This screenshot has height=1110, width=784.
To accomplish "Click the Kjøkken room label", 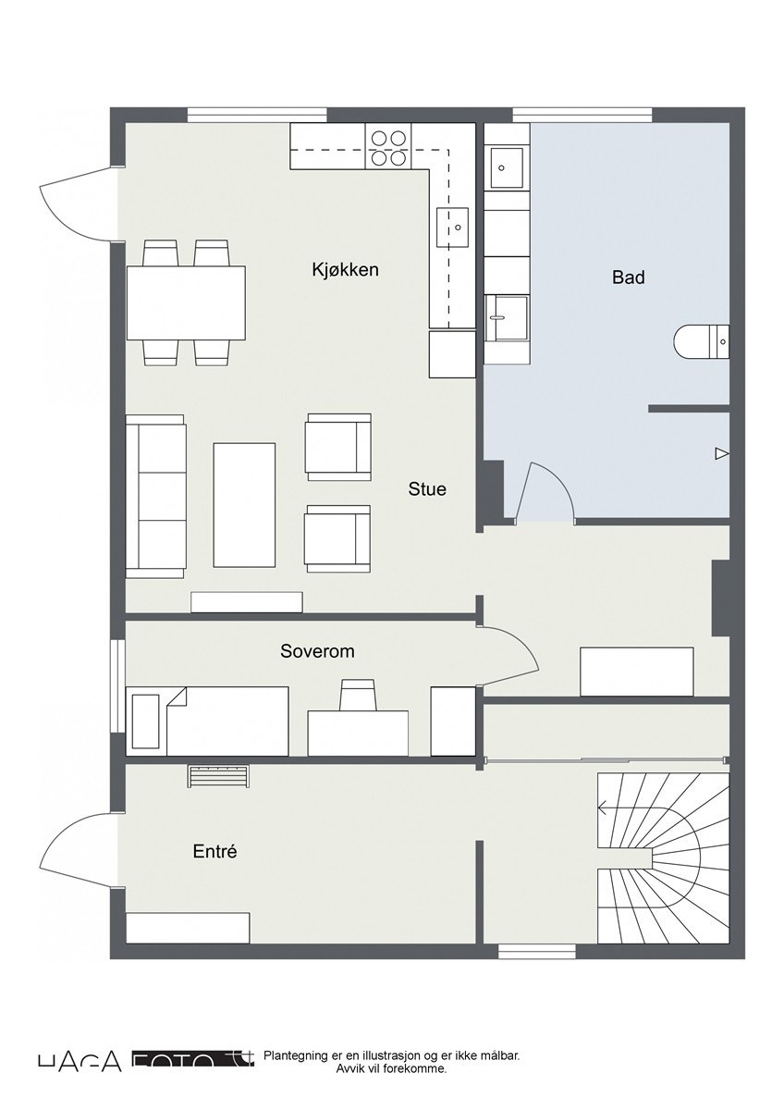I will pos(345,270).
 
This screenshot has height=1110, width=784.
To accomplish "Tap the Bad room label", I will pos(628,277).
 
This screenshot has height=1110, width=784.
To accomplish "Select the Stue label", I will pos(427,488).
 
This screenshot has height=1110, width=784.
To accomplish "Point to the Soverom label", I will pos(317,651).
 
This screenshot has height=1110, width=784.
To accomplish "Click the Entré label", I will pos(214,852).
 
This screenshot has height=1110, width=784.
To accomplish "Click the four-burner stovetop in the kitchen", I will pos(388,147).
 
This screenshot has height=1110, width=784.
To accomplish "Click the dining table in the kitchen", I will pos(186,302).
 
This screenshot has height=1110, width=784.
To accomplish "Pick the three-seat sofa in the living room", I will pos(156,497).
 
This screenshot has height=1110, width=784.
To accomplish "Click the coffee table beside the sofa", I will pos(244,504).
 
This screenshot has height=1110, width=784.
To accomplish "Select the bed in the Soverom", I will pos(211,721).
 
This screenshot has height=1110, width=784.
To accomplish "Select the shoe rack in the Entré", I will pos(219,776).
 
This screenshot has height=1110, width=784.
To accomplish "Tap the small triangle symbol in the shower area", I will pos(721,453).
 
